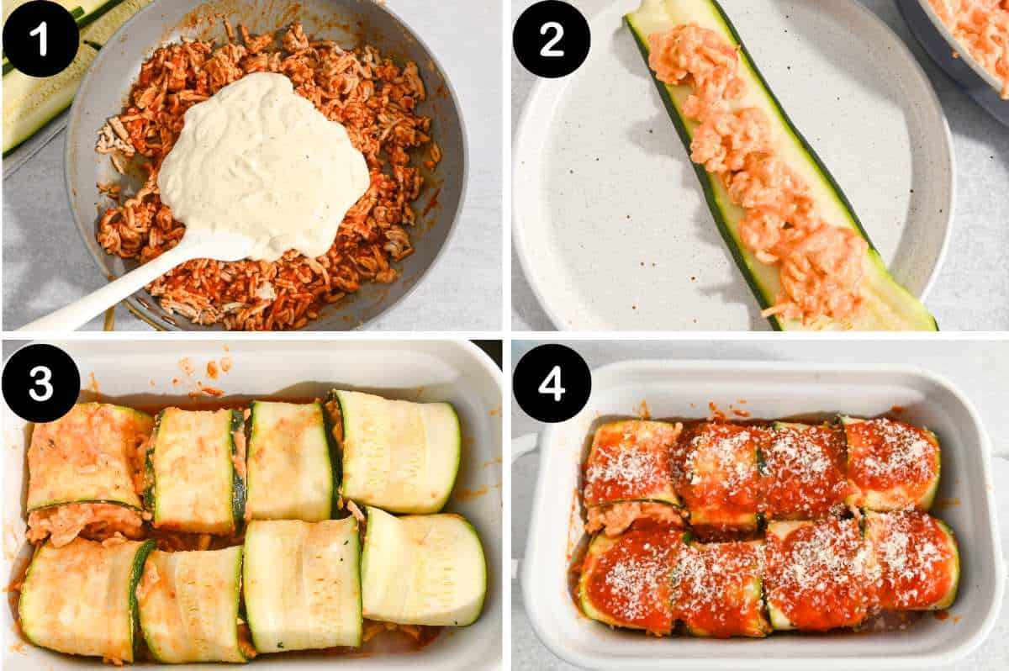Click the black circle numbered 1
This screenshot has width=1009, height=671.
click(x=40, y=39)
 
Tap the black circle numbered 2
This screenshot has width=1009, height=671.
click(x=552, y=39)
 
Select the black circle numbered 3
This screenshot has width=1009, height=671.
click(x=40, y=383)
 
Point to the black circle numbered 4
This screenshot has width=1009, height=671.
click(x=552, y=383)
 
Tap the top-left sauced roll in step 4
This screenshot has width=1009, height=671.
click(x=632, y=462)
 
